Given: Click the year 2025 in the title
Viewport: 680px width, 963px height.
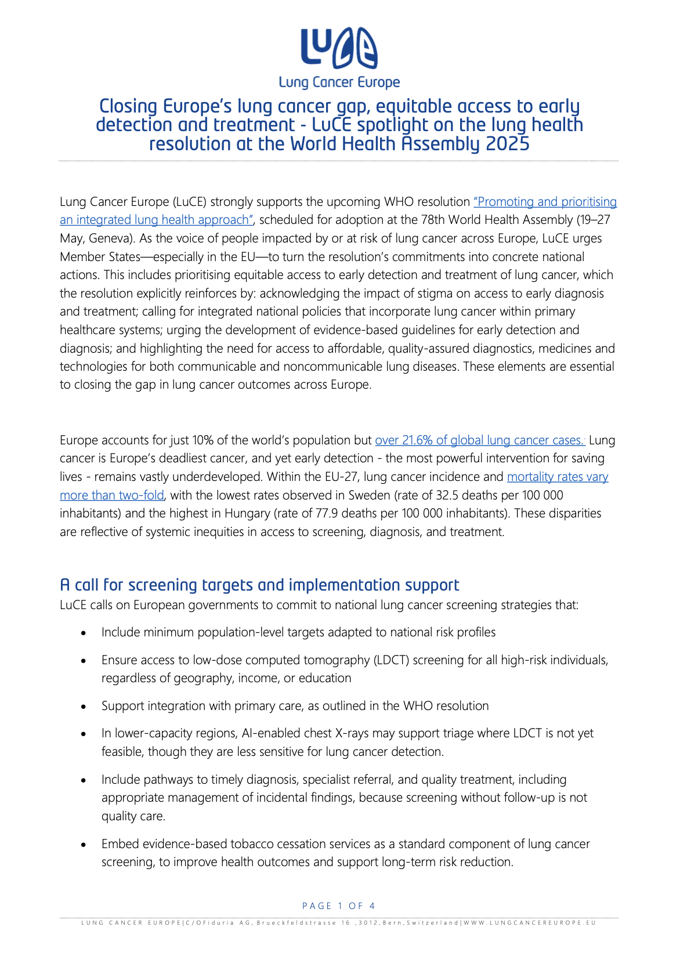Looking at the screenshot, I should [508, 144].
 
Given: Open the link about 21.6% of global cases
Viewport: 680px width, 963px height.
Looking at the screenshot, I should [480, 440].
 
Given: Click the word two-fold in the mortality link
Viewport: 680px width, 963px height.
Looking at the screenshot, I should [142, 495].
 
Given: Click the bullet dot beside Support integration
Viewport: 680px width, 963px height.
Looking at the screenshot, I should [84, 707].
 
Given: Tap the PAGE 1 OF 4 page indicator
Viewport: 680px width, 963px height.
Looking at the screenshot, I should [339, 906].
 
